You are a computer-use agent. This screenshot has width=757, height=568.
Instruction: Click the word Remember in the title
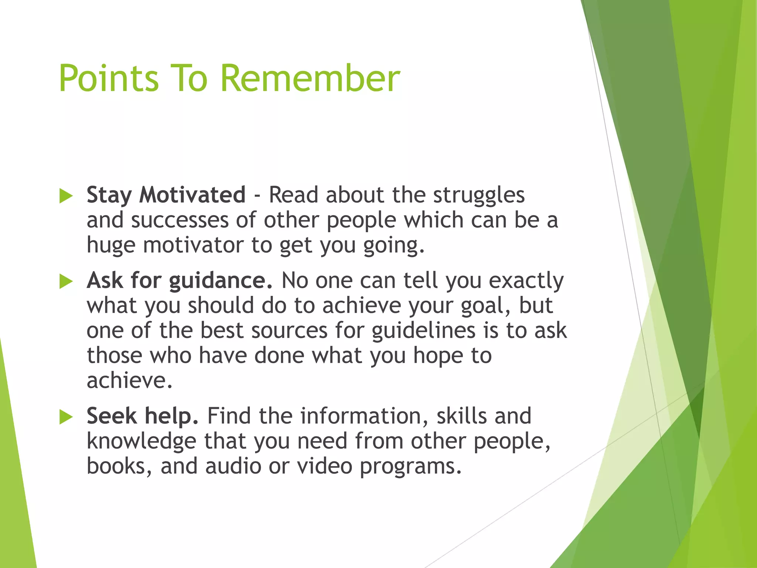[310, 78]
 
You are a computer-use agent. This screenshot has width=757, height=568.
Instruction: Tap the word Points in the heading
[109, 78]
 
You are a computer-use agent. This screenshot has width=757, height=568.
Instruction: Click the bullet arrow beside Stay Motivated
[66, 196]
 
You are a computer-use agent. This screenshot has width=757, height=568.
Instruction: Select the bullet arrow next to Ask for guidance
[66, 282]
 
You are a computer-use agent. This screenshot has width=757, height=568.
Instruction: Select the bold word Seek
[112, 416]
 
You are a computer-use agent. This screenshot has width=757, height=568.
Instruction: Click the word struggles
[479, 195]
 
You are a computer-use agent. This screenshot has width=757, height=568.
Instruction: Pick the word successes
[180, 220]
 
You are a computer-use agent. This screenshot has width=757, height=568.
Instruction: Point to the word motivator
[193, 245]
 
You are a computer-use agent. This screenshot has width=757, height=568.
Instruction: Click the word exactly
[526, 281]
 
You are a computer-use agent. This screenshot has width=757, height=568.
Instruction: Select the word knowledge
[141, 442]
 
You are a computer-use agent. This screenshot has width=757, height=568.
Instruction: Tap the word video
[325, 466]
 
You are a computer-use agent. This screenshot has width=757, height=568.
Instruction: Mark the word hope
[438, 356]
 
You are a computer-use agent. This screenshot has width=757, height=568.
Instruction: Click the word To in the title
[189, 78]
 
